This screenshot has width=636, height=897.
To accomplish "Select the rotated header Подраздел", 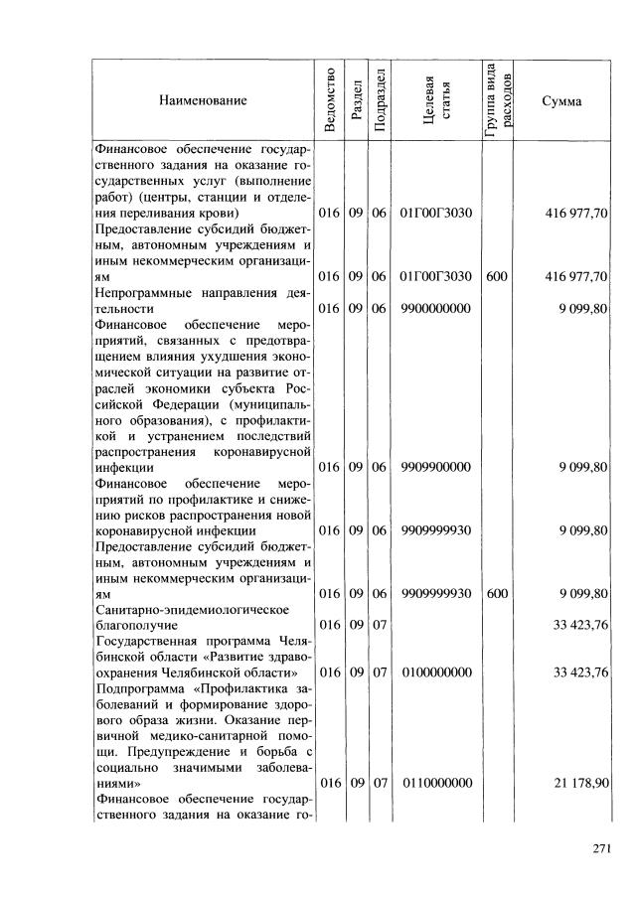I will pos(378,101).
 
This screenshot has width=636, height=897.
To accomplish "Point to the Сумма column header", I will pos(562,101).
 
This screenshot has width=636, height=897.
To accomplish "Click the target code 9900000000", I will pos(437,309).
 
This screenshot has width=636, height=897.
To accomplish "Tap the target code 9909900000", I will pos(437,467).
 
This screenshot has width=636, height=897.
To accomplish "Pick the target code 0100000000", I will pos(437,673).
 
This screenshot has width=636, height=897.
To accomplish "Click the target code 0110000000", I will pos(437,784).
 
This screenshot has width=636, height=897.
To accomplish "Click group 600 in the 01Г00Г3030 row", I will pos(497,277).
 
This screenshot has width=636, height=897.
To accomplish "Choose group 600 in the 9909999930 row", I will pos(497,593).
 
